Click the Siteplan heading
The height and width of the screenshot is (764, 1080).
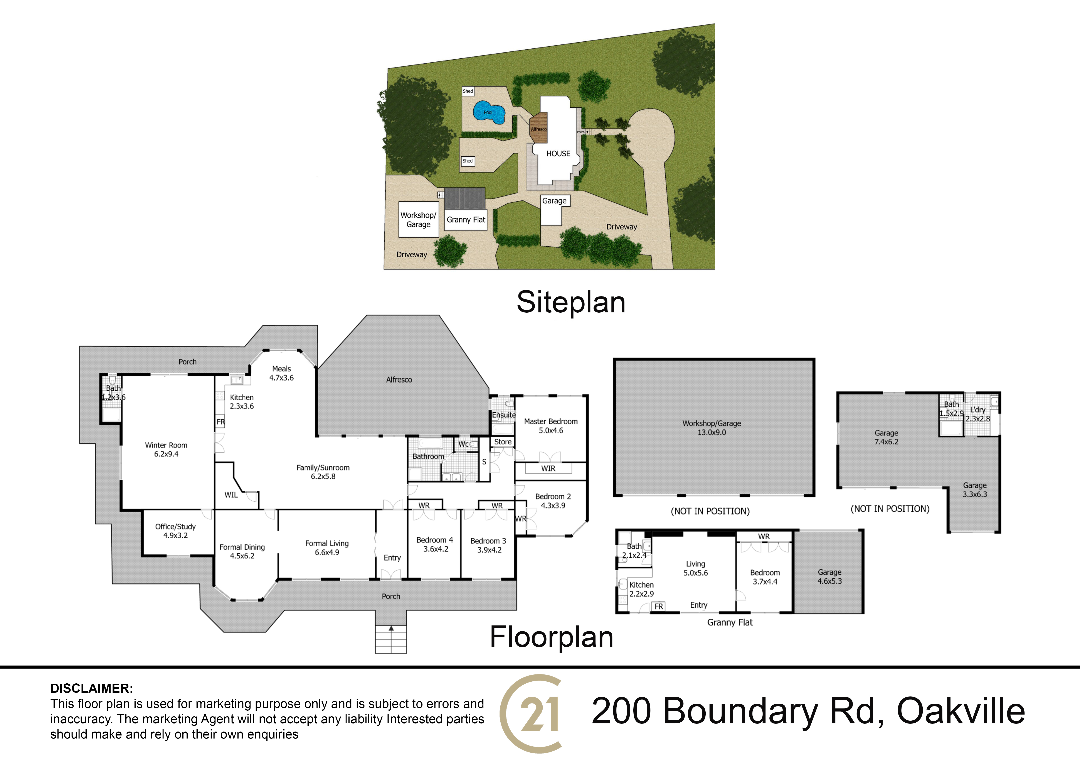click(x=571, y=302)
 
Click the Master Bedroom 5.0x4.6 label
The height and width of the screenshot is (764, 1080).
click(x=551, y=426)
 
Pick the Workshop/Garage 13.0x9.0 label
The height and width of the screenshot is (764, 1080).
click(x=712, y=428)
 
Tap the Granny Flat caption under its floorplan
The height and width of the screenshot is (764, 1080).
click(x=730, y=623)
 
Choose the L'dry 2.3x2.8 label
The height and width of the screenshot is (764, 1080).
click(x=978, y=414)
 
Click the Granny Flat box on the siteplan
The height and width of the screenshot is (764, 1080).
click(x=466, y=220)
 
